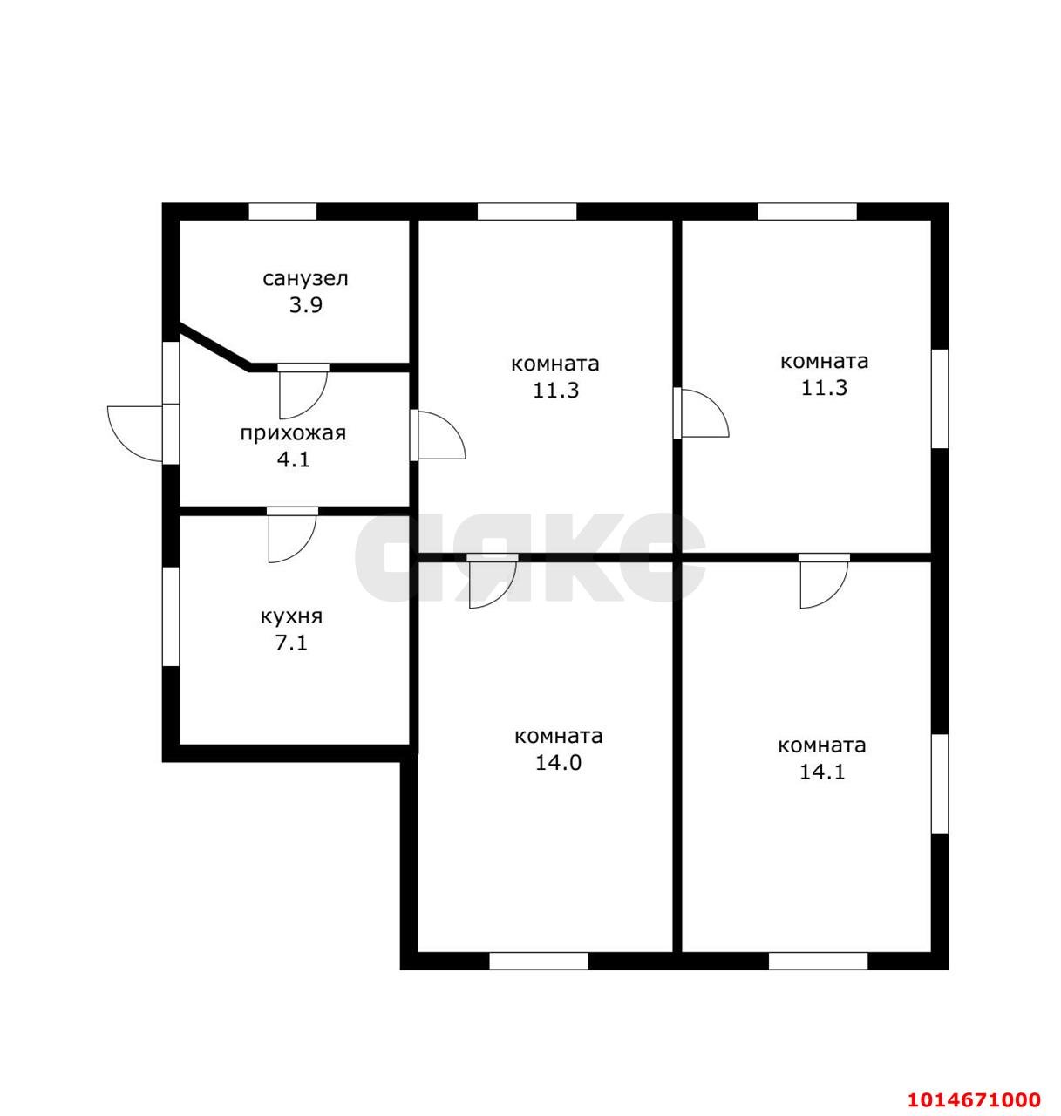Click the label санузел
(x=305, y=279)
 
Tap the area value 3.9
(x=305, y=305)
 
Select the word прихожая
(x=293, y=434)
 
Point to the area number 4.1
(x=293, y=459)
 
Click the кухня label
(x=291, y=616)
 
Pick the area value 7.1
(x=290, y=643)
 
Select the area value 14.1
(x=821, y=772)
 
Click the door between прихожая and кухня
(x=292, y=534)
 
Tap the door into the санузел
(x=303, y=391)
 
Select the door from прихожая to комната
(x=438, y=434)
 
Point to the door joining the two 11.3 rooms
(x=701, y=412)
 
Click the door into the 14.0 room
(x=493, y=581)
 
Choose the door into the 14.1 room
(x=824, y=581)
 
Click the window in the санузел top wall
(x=282, y=211)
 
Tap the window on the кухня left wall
(x=171, y=616)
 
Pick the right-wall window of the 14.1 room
(x=940, y=784)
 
